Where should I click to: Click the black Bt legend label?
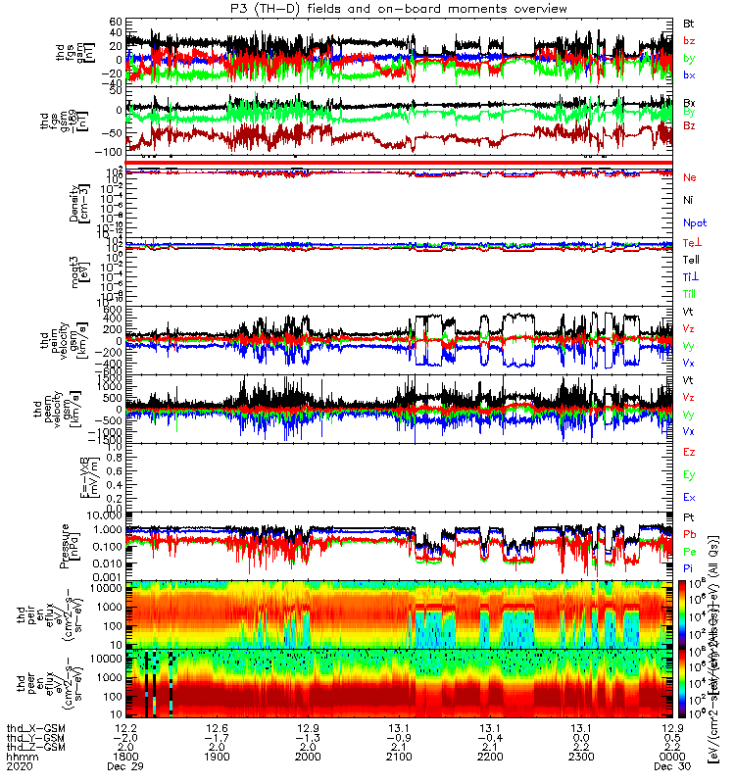click(689, 22)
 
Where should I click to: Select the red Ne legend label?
click(690, 177)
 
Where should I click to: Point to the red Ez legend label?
click(689, 452)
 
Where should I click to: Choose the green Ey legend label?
click(689, 474)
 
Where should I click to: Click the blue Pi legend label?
click(689, 567)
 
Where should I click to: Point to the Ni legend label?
click(689, 200)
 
